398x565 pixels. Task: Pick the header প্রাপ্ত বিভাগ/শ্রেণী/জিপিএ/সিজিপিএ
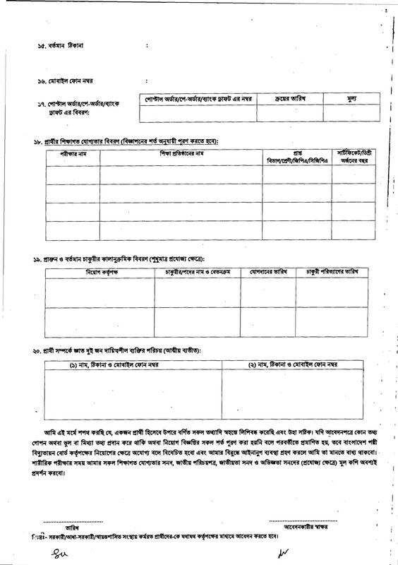(x=296, y=157)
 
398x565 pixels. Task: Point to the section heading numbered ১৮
(x=127, y=141)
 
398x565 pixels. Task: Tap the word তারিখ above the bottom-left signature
(x=73, y=527)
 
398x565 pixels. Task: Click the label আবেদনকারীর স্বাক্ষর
(x=304, y=527)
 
